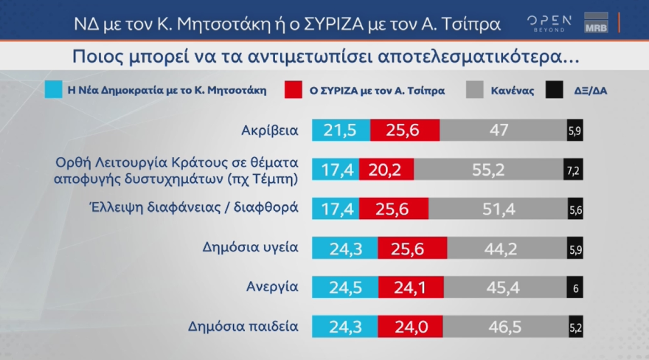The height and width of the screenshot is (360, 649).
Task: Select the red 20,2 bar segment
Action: point(386,170)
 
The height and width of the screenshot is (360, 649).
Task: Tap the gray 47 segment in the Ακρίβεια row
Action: point(502,131)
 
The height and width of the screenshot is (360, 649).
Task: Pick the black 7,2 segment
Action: point(573,170)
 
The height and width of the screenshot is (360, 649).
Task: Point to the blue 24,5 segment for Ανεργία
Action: point(345,288)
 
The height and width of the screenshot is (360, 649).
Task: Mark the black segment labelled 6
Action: point(575,288)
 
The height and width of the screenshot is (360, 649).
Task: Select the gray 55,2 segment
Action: point(488,170)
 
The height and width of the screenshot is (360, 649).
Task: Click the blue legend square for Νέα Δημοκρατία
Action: point(52,91)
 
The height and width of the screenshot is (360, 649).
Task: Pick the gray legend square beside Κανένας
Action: point(475,91)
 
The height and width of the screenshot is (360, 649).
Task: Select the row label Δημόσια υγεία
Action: point(250,247)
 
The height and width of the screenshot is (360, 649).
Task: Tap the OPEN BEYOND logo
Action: point(549,23)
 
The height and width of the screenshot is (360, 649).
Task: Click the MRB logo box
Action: point(595,23)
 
